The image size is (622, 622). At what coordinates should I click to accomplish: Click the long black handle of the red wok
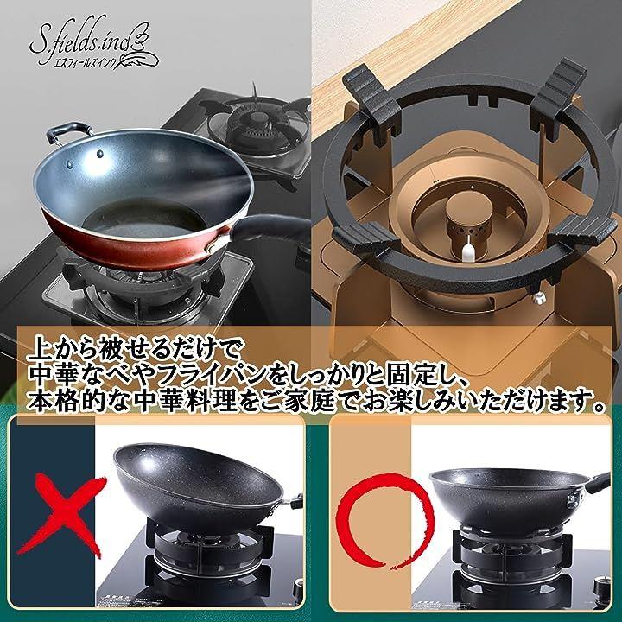pyautogui.click(x=270, y=229)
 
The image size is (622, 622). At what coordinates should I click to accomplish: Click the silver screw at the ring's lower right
pyautogui.click(x=538, y=297)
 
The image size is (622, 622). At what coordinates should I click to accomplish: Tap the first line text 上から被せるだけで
pyautogui.click(x=134, y=349)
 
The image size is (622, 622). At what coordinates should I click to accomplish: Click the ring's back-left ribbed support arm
pyautogui.click(x=371, y=100)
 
